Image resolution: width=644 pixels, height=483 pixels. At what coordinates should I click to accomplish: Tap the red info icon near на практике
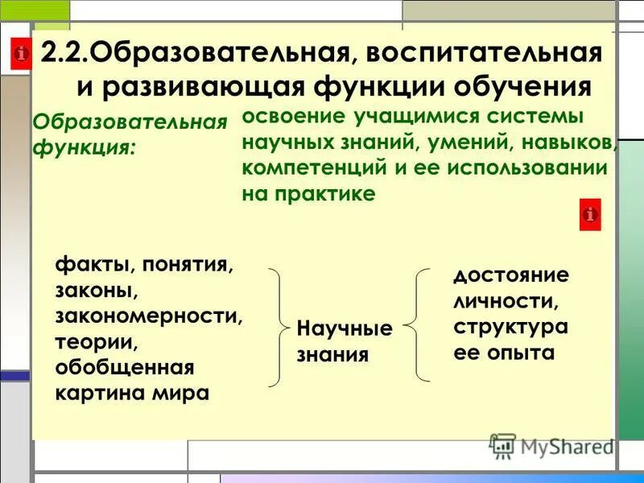pyautogui.click(x=590, y=215)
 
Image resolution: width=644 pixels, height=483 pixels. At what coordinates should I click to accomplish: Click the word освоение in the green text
pyautogui.click(x=293, y=116)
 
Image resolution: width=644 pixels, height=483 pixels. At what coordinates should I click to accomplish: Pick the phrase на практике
pyautogui.click(x=308, y=194)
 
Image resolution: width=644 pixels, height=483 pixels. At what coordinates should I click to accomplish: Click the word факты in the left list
pyautogui.click(x=87, y=265)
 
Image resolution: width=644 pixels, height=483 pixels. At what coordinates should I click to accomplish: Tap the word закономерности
pyautogui.click(x=149, y=316)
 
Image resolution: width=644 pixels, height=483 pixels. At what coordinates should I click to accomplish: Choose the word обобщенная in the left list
pyautogui.click(x=125, y=368)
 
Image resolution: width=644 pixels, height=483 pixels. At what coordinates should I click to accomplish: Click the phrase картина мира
pyautogui.click(x=133, y=394)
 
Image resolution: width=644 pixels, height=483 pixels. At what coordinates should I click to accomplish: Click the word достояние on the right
pyautogui.click(x=510, y=276)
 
